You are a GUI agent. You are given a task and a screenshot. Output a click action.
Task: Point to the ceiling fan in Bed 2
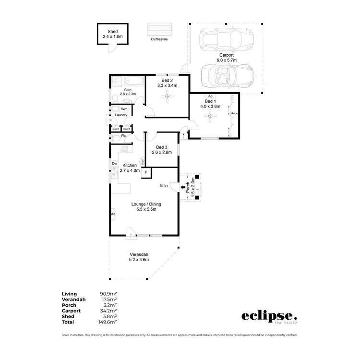(167, 97)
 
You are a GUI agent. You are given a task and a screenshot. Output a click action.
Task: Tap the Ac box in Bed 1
(210, 96)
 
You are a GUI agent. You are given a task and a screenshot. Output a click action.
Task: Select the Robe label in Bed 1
(234, 113)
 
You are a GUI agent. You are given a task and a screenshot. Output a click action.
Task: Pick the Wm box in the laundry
(124, 109)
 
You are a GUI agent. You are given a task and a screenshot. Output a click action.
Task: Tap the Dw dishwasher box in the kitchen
(114, 164)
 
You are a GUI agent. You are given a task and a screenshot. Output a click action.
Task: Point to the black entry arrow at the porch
(184, 188)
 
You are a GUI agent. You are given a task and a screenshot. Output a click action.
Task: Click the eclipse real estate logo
(269, 317)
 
